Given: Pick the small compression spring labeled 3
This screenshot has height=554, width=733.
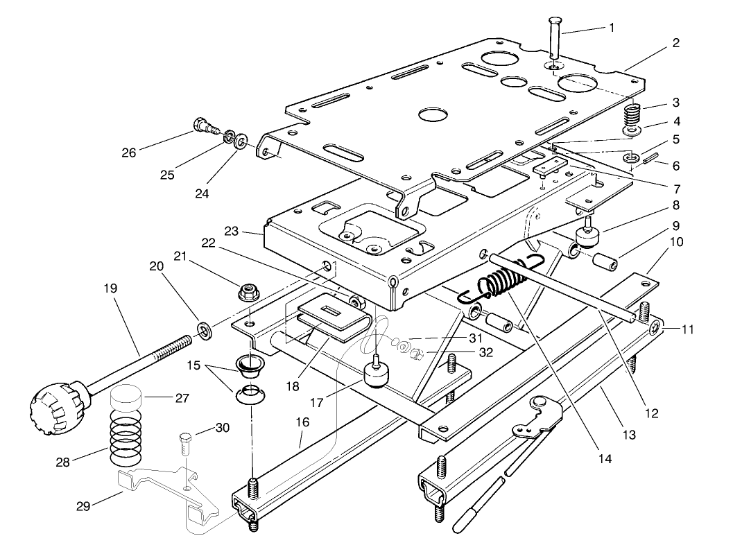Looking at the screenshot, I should click(x=634, y=112).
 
